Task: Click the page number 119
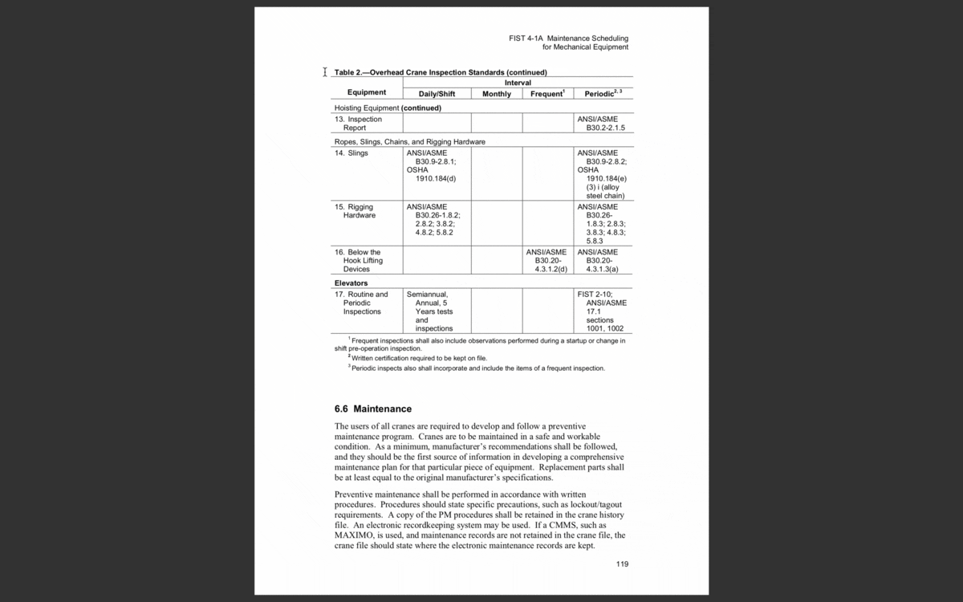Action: point(622,564)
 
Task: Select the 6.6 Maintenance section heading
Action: point(372,409)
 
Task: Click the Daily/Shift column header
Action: point(437,94)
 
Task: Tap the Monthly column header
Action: point(497,94)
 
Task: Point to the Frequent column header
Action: point(547,94)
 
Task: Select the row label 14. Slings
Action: point(351,153)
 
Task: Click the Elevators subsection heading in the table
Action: point(351,283)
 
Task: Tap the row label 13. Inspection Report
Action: point(358,124)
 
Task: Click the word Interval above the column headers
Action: point(517,83)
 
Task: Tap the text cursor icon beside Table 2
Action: point(324,72)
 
